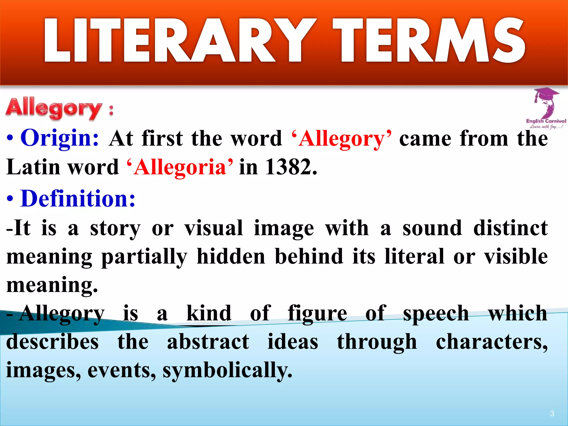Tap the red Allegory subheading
pos(54,109)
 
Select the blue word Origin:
pos(60,138)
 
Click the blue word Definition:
pos(78,199)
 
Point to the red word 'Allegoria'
pos(180,167)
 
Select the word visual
pos(214,228)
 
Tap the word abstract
pos(208,342)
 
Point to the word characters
pos(491,342)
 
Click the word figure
pos(317,313)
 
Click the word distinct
pos(510,228)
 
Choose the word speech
pos(436,313)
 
